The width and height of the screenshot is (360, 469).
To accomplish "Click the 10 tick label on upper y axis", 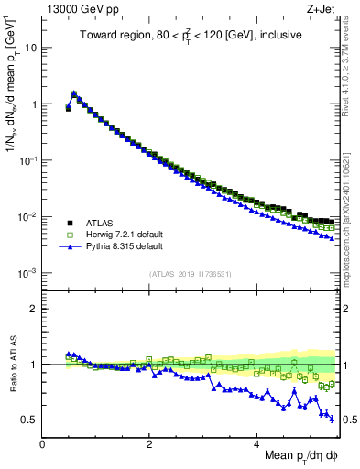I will [x=31, y=48].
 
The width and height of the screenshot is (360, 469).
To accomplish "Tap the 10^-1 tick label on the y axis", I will [x=28, y=160].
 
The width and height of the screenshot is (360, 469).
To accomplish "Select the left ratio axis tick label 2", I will [x=33, y=309].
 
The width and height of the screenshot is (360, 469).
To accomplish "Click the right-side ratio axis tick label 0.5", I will [x=347, y=420].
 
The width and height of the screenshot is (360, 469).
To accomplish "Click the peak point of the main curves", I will [x=73, y=93].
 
